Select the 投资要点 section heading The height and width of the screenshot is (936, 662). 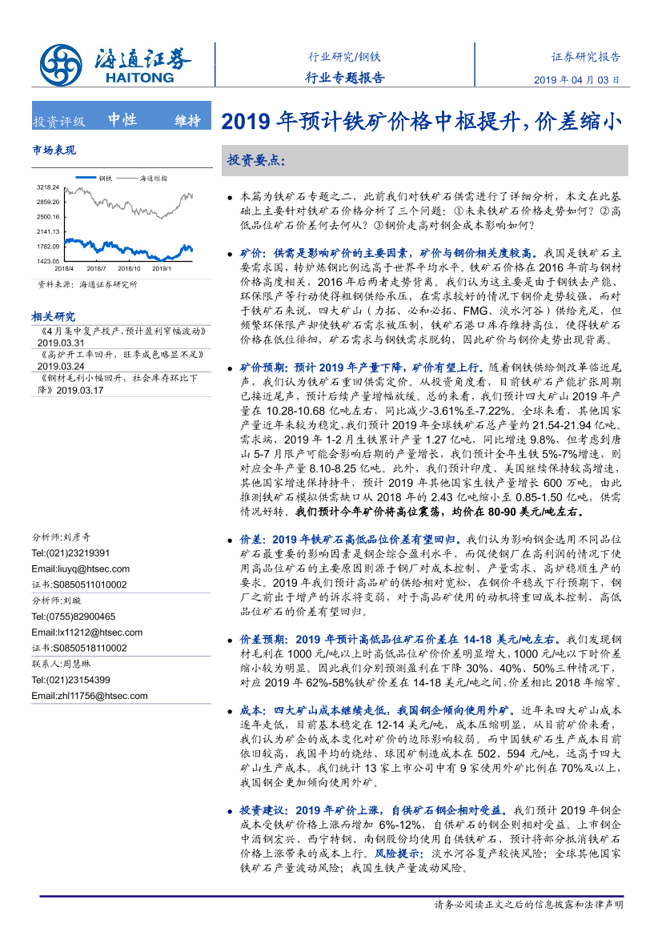[256, 159]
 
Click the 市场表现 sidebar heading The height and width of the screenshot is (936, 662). [54, 150]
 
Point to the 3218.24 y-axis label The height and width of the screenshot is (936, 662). [48, 187]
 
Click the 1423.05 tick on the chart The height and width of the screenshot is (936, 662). [48, 260]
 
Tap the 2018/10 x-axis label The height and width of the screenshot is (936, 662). [129, 268]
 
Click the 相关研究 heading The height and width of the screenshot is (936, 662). [54, 315]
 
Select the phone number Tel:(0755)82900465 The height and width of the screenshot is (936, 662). [73, 616]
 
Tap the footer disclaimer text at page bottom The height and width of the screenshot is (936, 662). [528, 904]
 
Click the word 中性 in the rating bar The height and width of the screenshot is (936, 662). [122, 120]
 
